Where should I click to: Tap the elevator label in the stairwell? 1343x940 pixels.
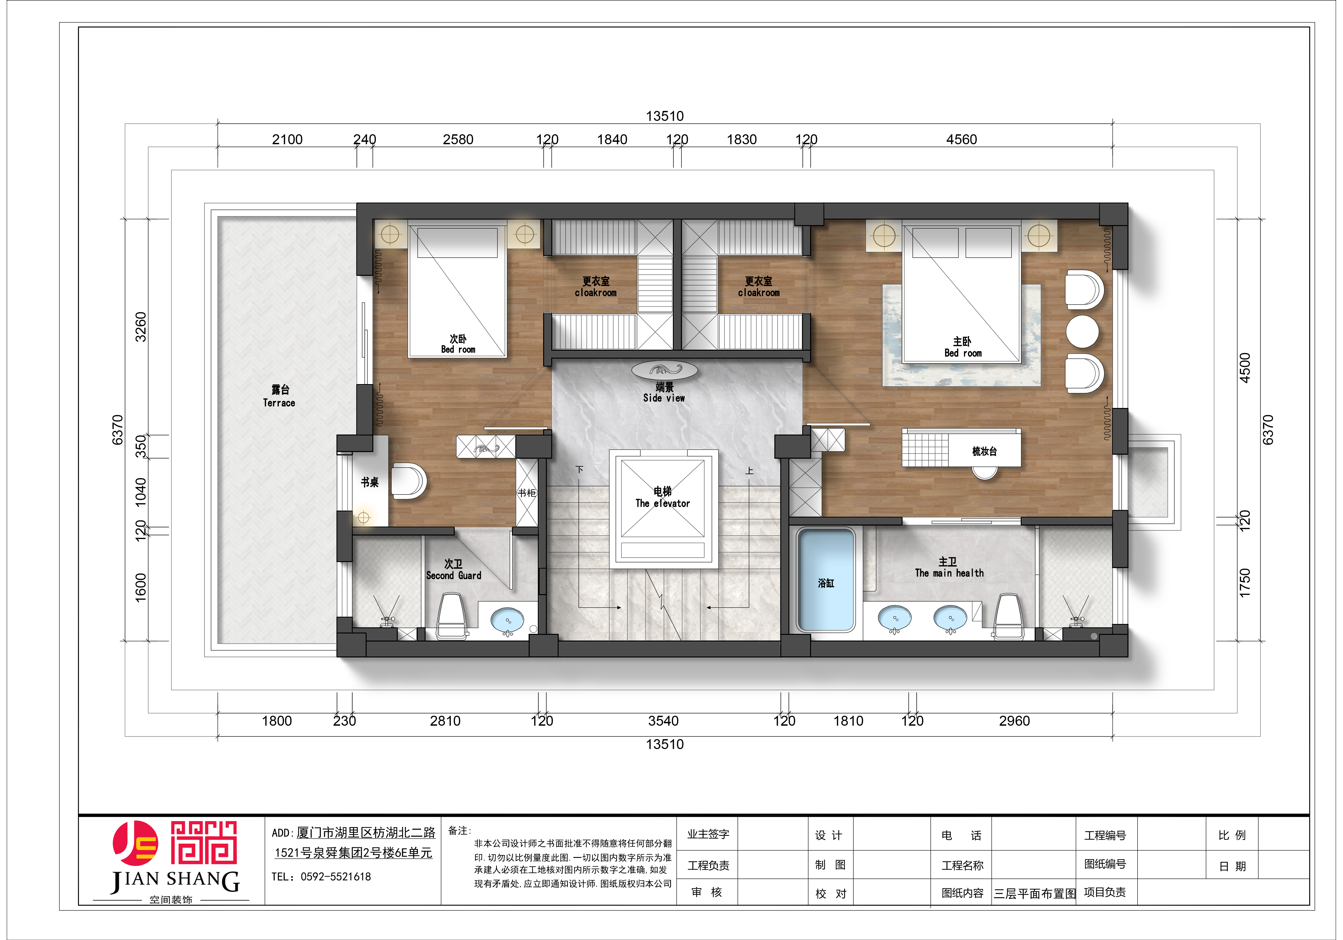[663, 497]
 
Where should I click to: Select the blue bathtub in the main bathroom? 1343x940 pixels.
[826, 580]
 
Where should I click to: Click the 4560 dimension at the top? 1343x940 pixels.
[962, 139]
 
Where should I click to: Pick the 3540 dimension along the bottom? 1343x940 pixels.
[663, 721]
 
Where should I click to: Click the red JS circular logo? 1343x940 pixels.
[135, 844]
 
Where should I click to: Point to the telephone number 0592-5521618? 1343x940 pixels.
[336, 876]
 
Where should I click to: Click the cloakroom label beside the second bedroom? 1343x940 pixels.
[595, 287]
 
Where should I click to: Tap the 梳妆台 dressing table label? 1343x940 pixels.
[984, 451]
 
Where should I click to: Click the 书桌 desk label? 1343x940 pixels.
[370, 482]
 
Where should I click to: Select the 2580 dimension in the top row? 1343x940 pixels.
[458, 139]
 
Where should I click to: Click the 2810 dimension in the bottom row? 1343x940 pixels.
[445, 721]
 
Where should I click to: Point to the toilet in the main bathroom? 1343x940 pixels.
[1008, 616]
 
